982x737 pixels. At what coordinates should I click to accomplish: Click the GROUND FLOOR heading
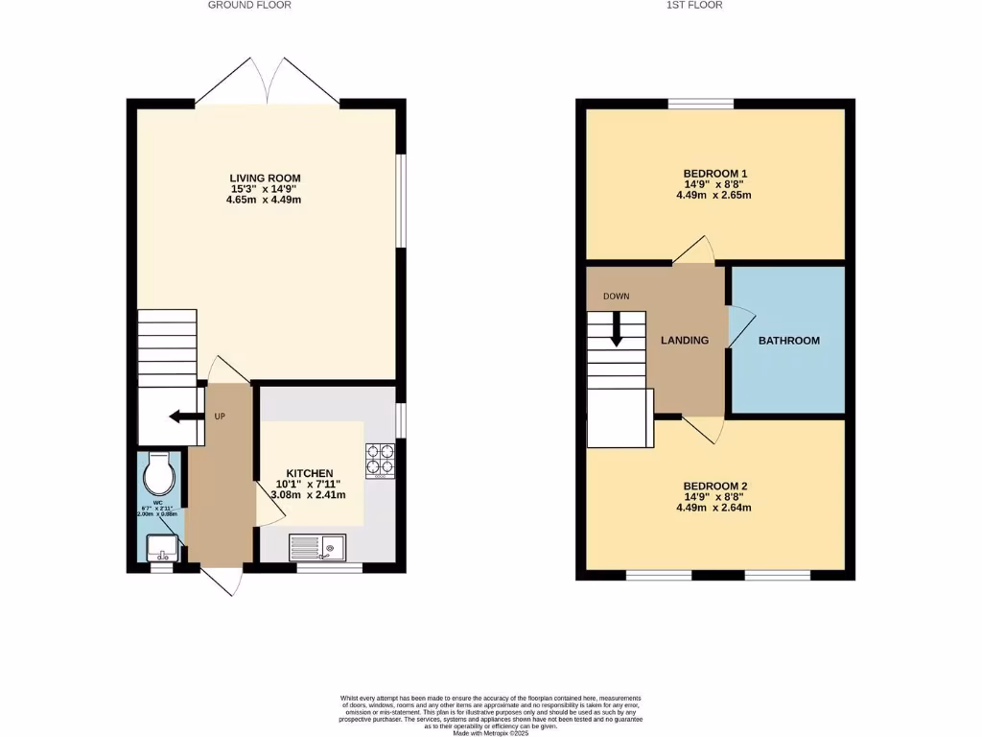[x=250, y=5]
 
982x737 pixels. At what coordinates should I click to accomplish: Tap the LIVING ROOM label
[x=265, y=178]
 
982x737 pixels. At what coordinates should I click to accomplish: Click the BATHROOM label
[x=789, y=341]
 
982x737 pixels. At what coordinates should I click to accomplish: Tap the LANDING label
[x=685, y=341]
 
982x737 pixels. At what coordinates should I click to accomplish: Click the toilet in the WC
[x=158, y=471]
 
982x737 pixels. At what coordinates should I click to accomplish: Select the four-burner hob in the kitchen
[x=382, y=459]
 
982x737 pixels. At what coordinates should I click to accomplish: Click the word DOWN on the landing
[x=617, y=296]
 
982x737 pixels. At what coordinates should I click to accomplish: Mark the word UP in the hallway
[x=220, y=416]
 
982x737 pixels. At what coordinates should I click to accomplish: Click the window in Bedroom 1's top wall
[x=700, y=104]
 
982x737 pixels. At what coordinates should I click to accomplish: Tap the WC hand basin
[x=159, y=550]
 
